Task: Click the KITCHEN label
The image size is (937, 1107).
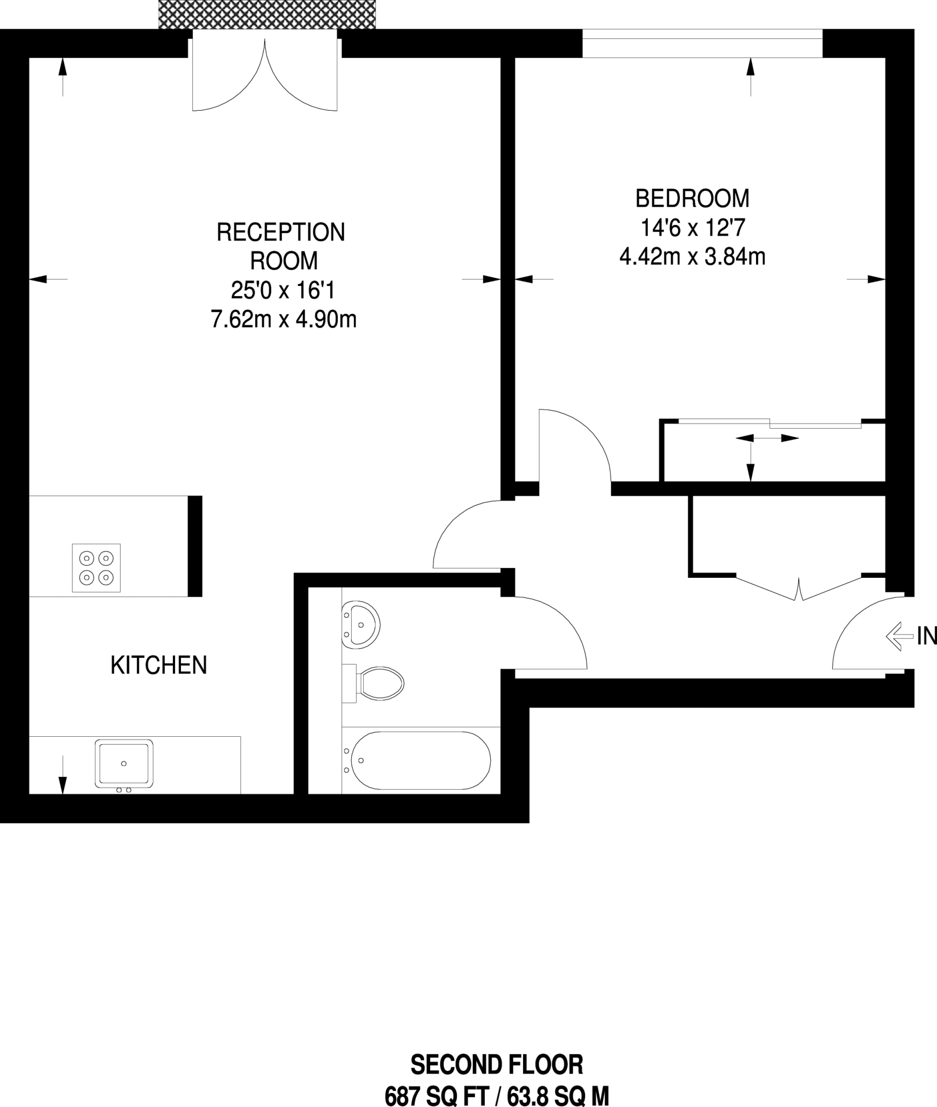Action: [x=159, y=665]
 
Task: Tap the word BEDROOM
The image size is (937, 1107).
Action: [x=692, y=198]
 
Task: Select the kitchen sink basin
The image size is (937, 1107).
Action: [x=124, y=763]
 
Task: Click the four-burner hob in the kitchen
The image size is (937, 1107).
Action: [x=96, y=568]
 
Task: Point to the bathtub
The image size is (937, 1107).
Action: [x=420, y=760]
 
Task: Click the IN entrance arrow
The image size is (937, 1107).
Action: [x=898, y=637]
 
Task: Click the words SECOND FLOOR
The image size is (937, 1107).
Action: [x=497, y=1065]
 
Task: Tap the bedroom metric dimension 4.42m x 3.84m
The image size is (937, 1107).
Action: [x=692, y=257]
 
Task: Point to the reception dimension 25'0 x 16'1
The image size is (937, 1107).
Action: [x=283, y=291]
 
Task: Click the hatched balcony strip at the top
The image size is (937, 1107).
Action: [x=266, y=14]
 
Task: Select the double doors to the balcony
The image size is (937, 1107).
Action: [x=265, y=76]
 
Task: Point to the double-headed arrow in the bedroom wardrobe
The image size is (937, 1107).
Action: [x=767, y=438]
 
